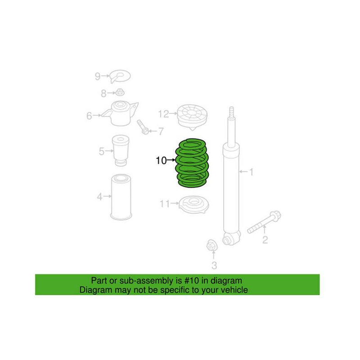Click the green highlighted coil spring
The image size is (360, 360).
click(x=192, y=162)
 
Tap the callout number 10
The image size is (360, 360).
click(x=161, y=160)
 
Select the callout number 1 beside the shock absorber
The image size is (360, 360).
click(x=252, y=171)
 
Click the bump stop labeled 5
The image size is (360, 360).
click(x=120, y=151)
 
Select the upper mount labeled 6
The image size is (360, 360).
click(x=119, y=113)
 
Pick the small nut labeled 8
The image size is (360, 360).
click(x=120, y=93)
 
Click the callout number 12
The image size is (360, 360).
click(x=163, y=114)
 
